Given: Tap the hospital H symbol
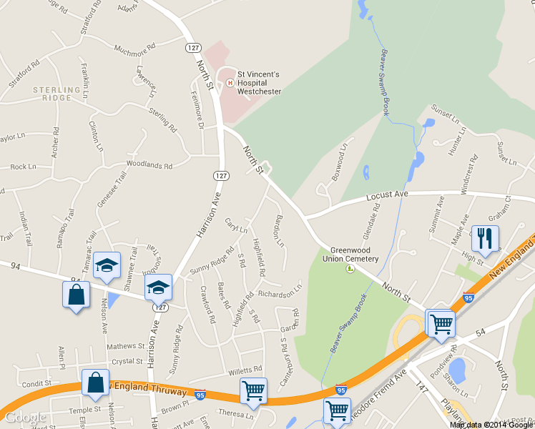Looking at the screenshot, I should coord(230,83).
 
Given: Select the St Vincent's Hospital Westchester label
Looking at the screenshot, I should coord(259,82).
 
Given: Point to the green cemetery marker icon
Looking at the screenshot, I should coord(350,269).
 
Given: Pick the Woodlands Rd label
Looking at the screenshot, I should coord(149,165).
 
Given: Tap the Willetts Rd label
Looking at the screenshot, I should coord(247,370).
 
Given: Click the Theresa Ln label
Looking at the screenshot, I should coord(236,414).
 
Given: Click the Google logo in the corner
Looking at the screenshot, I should coord(25,418).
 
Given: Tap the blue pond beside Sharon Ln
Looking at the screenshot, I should coord(457,370).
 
